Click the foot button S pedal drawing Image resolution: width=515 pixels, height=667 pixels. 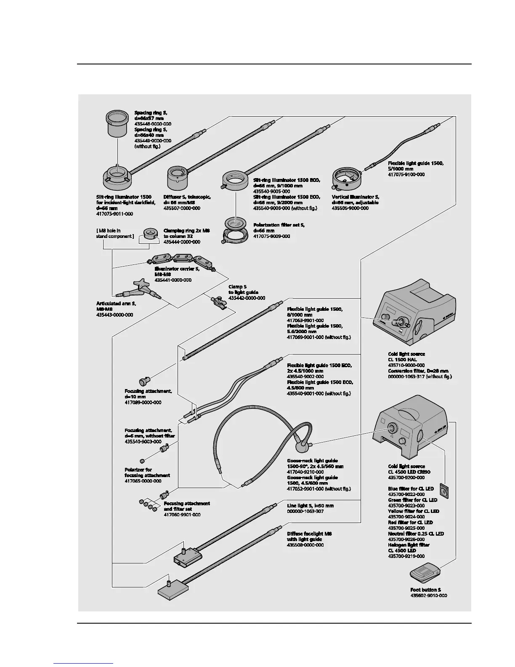point(425,573)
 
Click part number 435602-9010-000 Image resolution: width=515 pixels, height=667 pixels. point(428,596)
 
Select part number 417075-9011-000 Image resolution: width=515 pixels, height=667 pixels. point(114,214)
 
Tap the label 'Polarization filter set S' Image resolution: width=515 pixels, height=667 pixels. point(279,225)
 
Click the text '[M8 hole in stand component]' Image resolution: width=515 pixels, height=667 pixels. point(115,233)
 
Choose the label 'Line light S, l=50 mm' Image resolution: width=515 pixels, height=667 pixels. point(310,505)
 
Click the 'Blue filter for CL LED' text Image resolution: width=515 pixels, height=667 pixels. point(411,488)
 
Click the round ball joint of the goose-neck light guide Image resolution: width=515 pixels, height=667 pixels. point(302,445)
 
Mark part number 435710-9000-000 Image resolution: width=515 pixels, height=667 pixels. point(406,365)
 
